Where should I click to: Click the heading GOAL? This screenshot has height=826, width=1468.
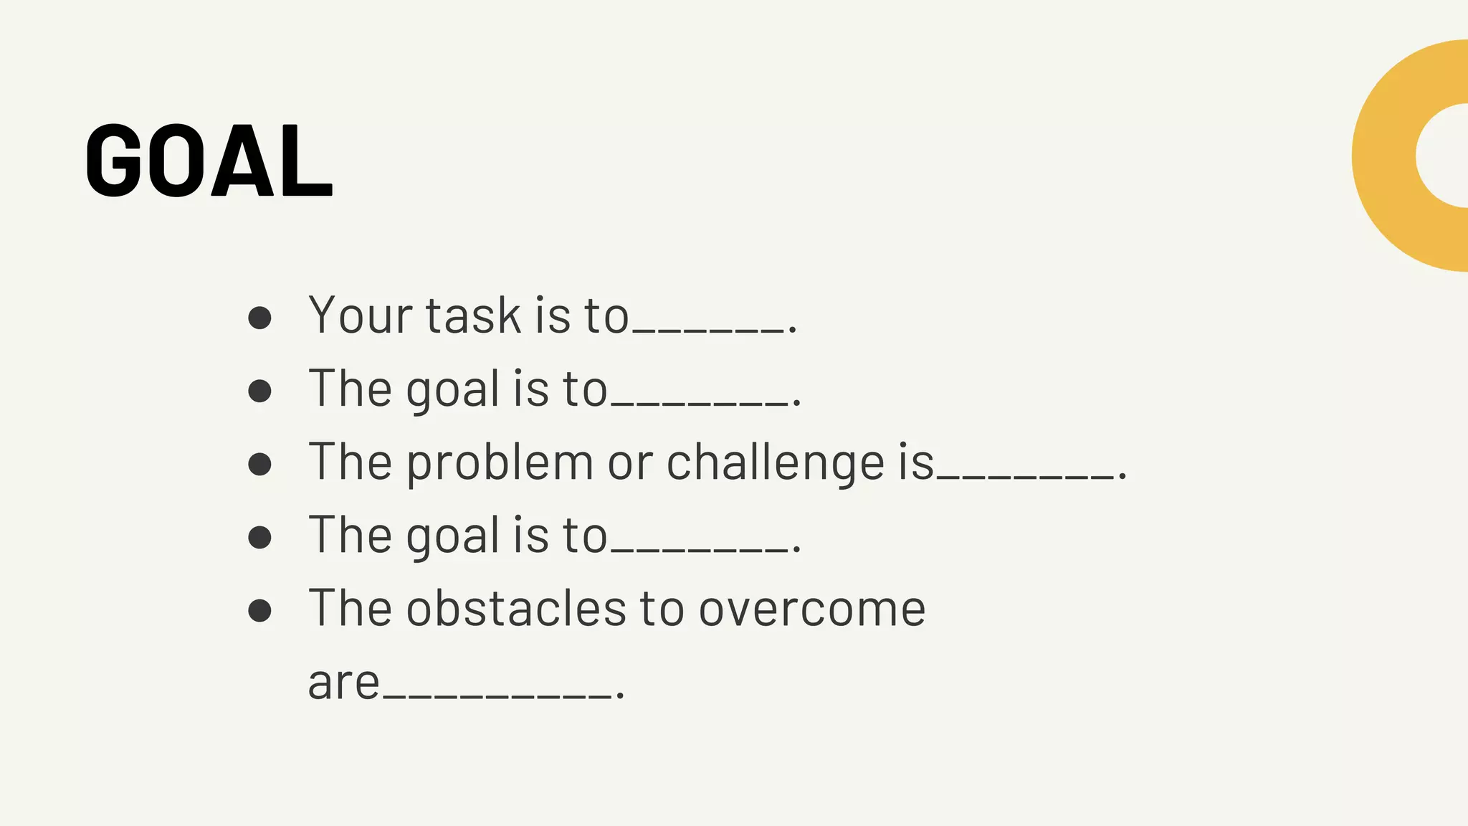coord(209,161)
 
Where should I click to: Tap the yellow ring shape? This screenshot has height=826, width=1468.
coord(1383,156)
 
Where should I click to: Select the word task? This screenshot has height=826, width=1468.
coord(473,315)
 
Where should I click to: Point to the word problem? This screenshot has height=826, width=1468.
coord(500,462)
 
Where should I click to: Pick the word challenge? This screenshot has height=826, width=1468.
coord(776,462)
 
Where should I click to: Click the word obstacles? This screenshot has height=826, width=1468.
coord(516,609)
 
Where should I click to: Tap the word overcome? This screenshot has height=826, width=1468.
coord(812,609)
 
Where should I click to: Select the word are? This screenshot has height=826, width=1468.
coord(343,683)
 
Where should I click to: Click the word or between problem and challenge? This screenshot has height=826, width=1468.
coord(630,462)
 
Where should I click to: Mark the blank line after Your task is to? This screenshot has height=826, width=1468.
coord(708,330)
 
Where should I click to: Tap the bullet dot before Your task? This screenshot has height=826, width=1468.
coord(259,318)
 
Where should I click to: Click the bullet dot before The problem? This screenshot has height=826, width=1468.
coord(259,464)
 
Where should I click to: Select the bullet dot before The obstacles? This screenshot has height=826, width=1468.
coord(259,610)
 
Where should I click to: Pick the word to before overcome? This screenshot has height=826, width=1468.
coord(662,609)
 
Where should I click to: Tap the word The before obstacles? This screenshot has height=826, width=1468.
coord(351,609)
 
